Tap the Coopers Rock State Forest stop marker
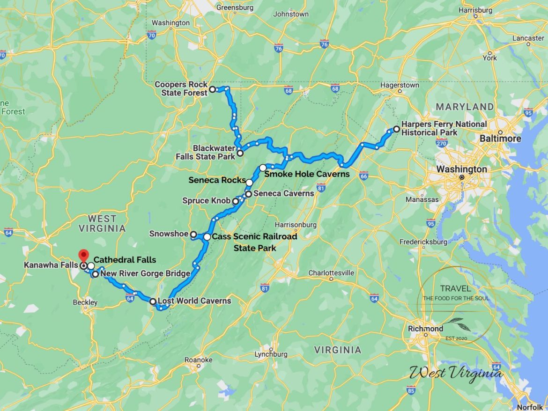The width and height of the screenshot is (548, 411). [x=212, y=89]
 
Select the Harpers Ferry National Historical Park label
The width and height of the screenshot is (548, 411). [x=444, y=128]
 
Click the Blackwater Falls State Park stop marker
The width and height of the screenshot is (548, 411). [x=240, y=153]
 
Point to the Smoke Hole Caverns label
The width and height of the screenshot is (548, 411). [x=307, y=174]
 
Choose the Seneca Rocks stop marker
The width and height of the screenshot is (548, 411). [x=250, y=183]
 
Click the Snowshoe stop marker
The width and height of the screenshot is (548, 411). [x=193, y=234]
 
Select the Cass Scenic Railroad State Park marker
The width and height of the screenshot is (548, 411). [x=207, y=237]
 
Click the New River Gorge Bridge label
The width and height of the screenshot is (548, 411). [x=145, y=273]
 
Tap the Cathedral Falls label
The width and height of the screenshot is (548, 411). [x=125, y=259]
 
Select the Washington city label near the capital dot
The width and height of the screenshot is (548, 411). [x=461, y=169]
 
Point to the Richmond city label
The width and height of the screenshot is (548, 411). [x=425, y=328]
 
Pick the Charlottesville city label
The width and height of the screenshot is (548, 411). [x=331, y=273]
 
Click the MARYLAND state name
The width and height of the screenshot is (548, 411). [x=465, y=107]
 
